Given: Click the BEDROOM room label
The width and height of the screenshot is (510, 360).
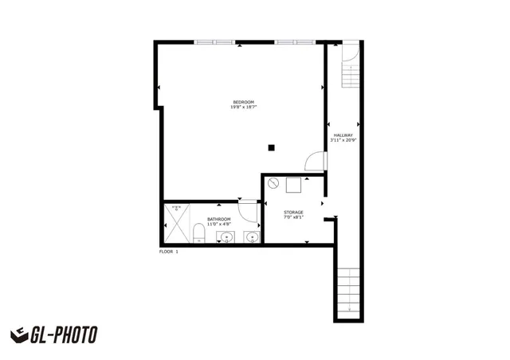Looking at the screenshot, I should [243, 102].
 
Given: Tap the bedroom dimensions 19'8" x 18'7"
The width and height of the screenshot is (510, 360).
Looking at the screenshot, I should [243, 108].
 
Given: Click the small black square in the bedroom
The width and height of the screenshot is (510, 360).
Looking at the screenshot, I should [272, 147].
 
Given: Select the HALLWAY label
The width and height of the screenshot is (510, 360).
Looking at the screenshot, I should [343, 135].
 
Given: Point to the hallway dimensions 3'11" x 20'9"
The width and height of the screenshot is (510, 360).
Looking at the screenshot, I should [343, 141].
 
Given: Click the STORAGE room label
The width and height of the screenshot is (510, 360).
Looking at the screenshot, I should [293, 212].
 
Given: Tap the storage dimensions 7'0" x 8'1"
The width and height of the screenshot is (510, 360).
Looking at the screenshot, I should [293, 217].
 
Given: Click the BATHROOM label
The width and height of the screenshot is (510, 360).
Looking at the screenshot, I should [219, 219].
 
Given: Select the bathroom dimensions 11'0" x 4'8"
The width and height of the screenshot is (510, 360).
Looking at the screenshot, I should [219, 225].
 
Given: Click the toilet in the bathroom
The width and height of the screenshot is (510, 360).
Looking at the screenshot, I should [198, 233].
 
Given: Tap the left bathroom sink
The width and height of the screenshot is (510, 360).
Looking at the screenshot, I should [226, 237].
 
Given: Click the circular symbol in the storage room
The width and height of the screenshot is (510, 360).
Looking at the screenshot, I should [273, 184].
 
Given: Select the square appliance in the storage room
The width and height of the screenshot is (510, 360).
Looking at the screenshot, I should [292, 184].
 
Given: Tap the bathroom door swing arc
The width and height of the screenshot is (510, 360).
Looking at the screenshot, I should [249, 210].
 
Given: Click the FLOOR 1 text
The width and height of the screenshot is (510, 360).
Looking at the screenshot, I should [169, 252].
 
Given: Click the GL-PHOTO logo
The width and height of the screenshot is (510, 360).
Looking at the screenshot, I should [54, 335].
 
